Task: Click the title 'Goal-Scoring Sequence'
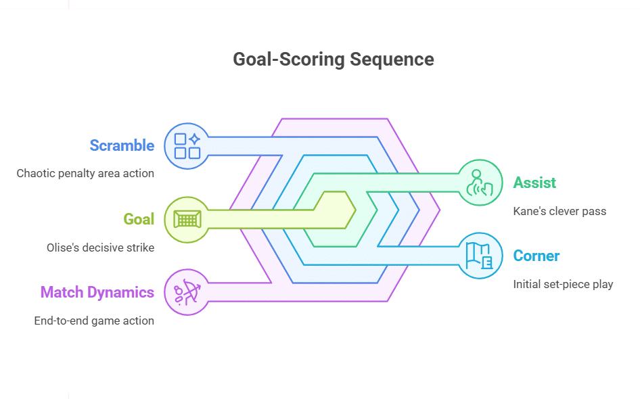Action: point(333,60)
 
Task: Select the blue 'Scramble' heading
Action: point(122,145)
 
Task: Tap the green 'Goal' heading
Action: point(139,219)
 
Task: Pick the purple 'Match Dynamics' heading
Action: point(97,292)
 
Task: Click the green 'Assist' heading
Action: point(534,183)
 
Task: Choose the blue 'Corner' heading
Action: point(536,256)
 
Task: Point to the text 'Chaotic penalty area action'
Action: point(85,173)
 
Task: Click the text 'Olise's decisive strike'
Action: point(100,248)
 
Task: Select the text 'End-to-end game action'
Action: point(94,321)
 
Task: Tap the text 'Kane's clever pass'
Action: point(559,211)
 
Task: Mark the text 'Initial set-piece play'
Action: point(563,284)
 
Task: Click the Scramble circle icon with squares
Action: point(187,145)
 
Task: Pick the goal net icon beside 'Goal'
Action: point(187,219)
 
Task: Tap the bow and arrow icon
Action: point(187,292)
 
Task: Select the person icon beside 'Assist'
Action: point(480,183)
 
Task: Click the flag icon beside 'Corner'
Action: point(480,256)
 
